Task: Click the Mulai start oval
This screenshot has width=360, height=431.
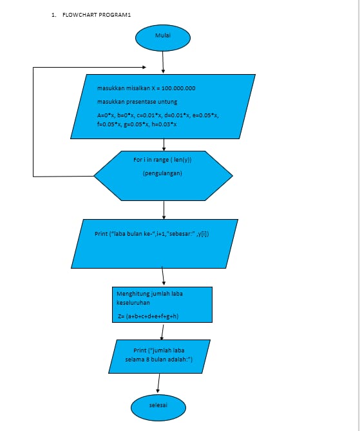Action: point(163,37)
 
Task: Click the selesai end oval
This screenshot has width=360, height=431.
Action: point(158,406)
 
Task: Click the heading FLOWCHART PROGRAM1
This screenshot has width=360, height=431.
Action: point(97,14)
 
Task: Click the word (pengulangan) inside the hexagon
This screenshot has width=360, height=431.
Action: point(162,173)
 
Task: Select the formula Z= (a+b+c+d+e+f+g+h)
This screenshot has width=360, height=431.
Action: point(148,316)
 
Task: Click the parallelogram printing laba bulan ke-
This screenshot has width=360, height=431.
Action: point(155,243)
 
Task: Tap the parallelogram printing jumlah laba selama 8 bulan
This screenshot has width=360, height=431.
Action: point(159,355)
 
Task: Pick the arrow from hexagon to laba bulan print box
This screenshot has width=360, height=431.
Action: point(164,209)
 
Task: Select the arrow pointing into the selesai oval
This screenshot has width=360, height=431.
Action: point(158,382)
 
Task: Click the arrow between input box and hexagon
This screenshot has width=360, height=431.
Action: point(164,145)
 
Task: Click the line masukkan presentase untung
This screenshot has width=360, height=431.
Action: point(137,102)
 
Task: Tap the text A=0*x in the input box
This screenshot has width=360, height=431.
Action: point(104,115)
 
